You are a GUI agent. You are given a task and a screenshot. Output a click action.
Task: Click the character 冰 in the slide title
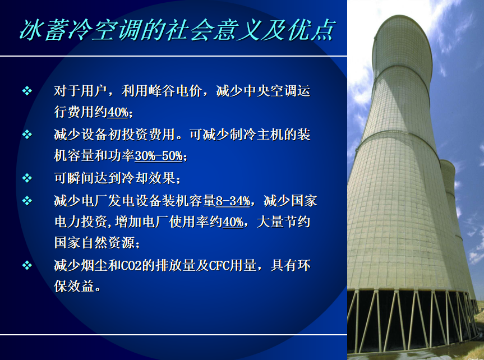[x=31, y=30]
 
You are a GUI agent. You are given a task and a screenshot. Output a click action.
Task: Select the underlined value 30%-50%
[x=159, y=156]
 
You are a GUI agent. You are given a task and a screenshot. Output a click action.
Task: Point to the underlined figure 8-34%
[x=233, y=201]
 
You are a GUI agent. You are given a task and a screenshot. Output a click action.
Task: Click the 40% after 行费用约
[x=118, y=112]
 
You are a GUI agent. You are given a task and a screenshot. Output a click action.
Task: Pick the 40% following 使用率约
[x=233, y=222]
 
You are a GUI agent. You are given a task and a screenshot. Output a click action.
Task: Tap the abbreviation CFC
[x=219, y=266]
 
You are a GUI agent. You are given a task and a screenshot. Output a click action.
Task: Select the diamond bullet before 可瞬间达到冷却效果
[x=27, y=178]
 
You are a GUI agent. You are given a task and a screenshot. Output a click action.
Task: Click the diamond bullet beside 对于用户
[x=27, y=91]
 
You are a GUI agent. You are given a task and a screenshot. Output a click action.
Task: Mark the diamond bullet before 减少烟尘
[x=27, y=266]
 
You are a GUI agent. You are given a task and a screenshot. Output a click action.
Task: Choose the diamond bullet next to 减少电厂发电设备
[x=27, y=201]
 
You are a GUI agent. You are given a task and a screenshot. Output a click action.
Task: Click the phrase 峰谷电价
[x=176, y=91]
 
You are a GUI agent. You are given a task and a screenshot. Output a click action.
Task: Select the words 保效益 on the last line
[x=74, y=286]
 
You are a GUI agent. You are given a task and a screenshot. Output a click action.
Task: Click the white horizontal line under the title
[x=173, y=56]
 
